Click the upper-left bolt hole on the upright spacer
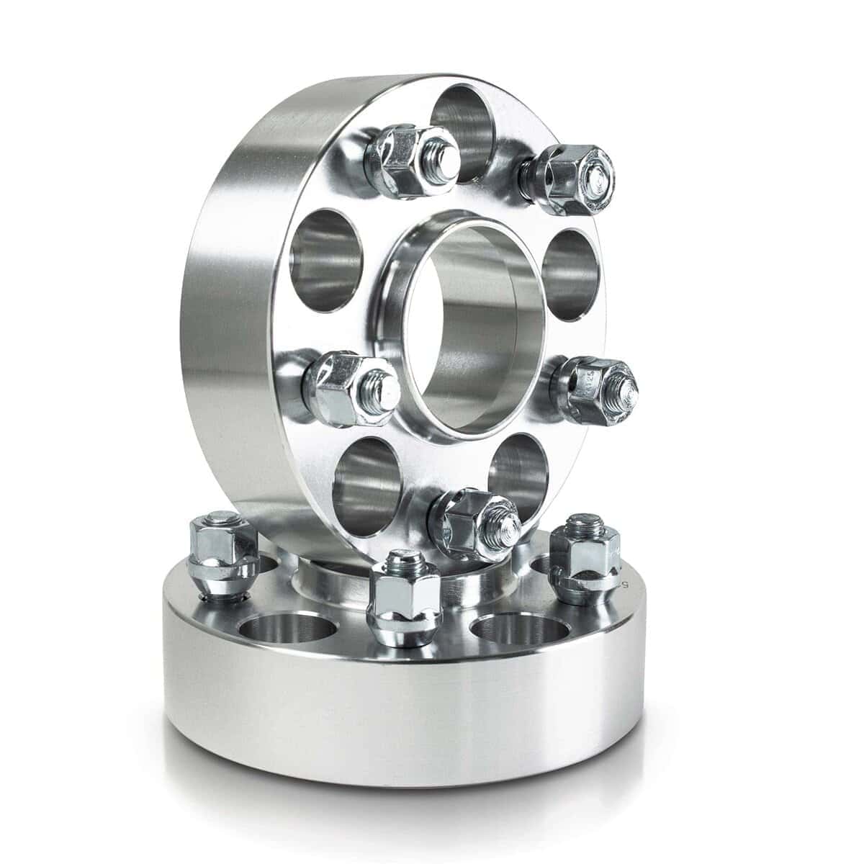point(324,248)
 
